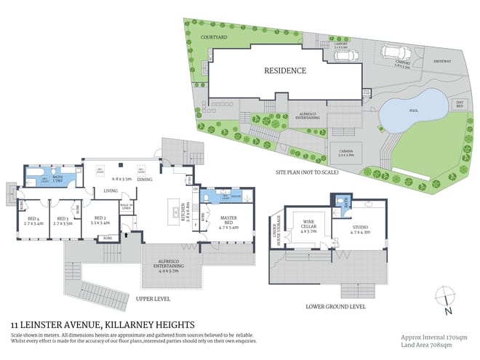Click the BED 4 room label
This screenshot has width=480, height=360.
(33, 220)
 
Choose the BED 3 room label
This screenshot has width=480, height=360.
(63, 220)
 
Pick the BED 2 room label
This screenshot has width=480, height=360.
(100, 220)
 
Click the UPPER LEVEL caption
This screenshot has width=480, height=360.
(152, 298)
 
